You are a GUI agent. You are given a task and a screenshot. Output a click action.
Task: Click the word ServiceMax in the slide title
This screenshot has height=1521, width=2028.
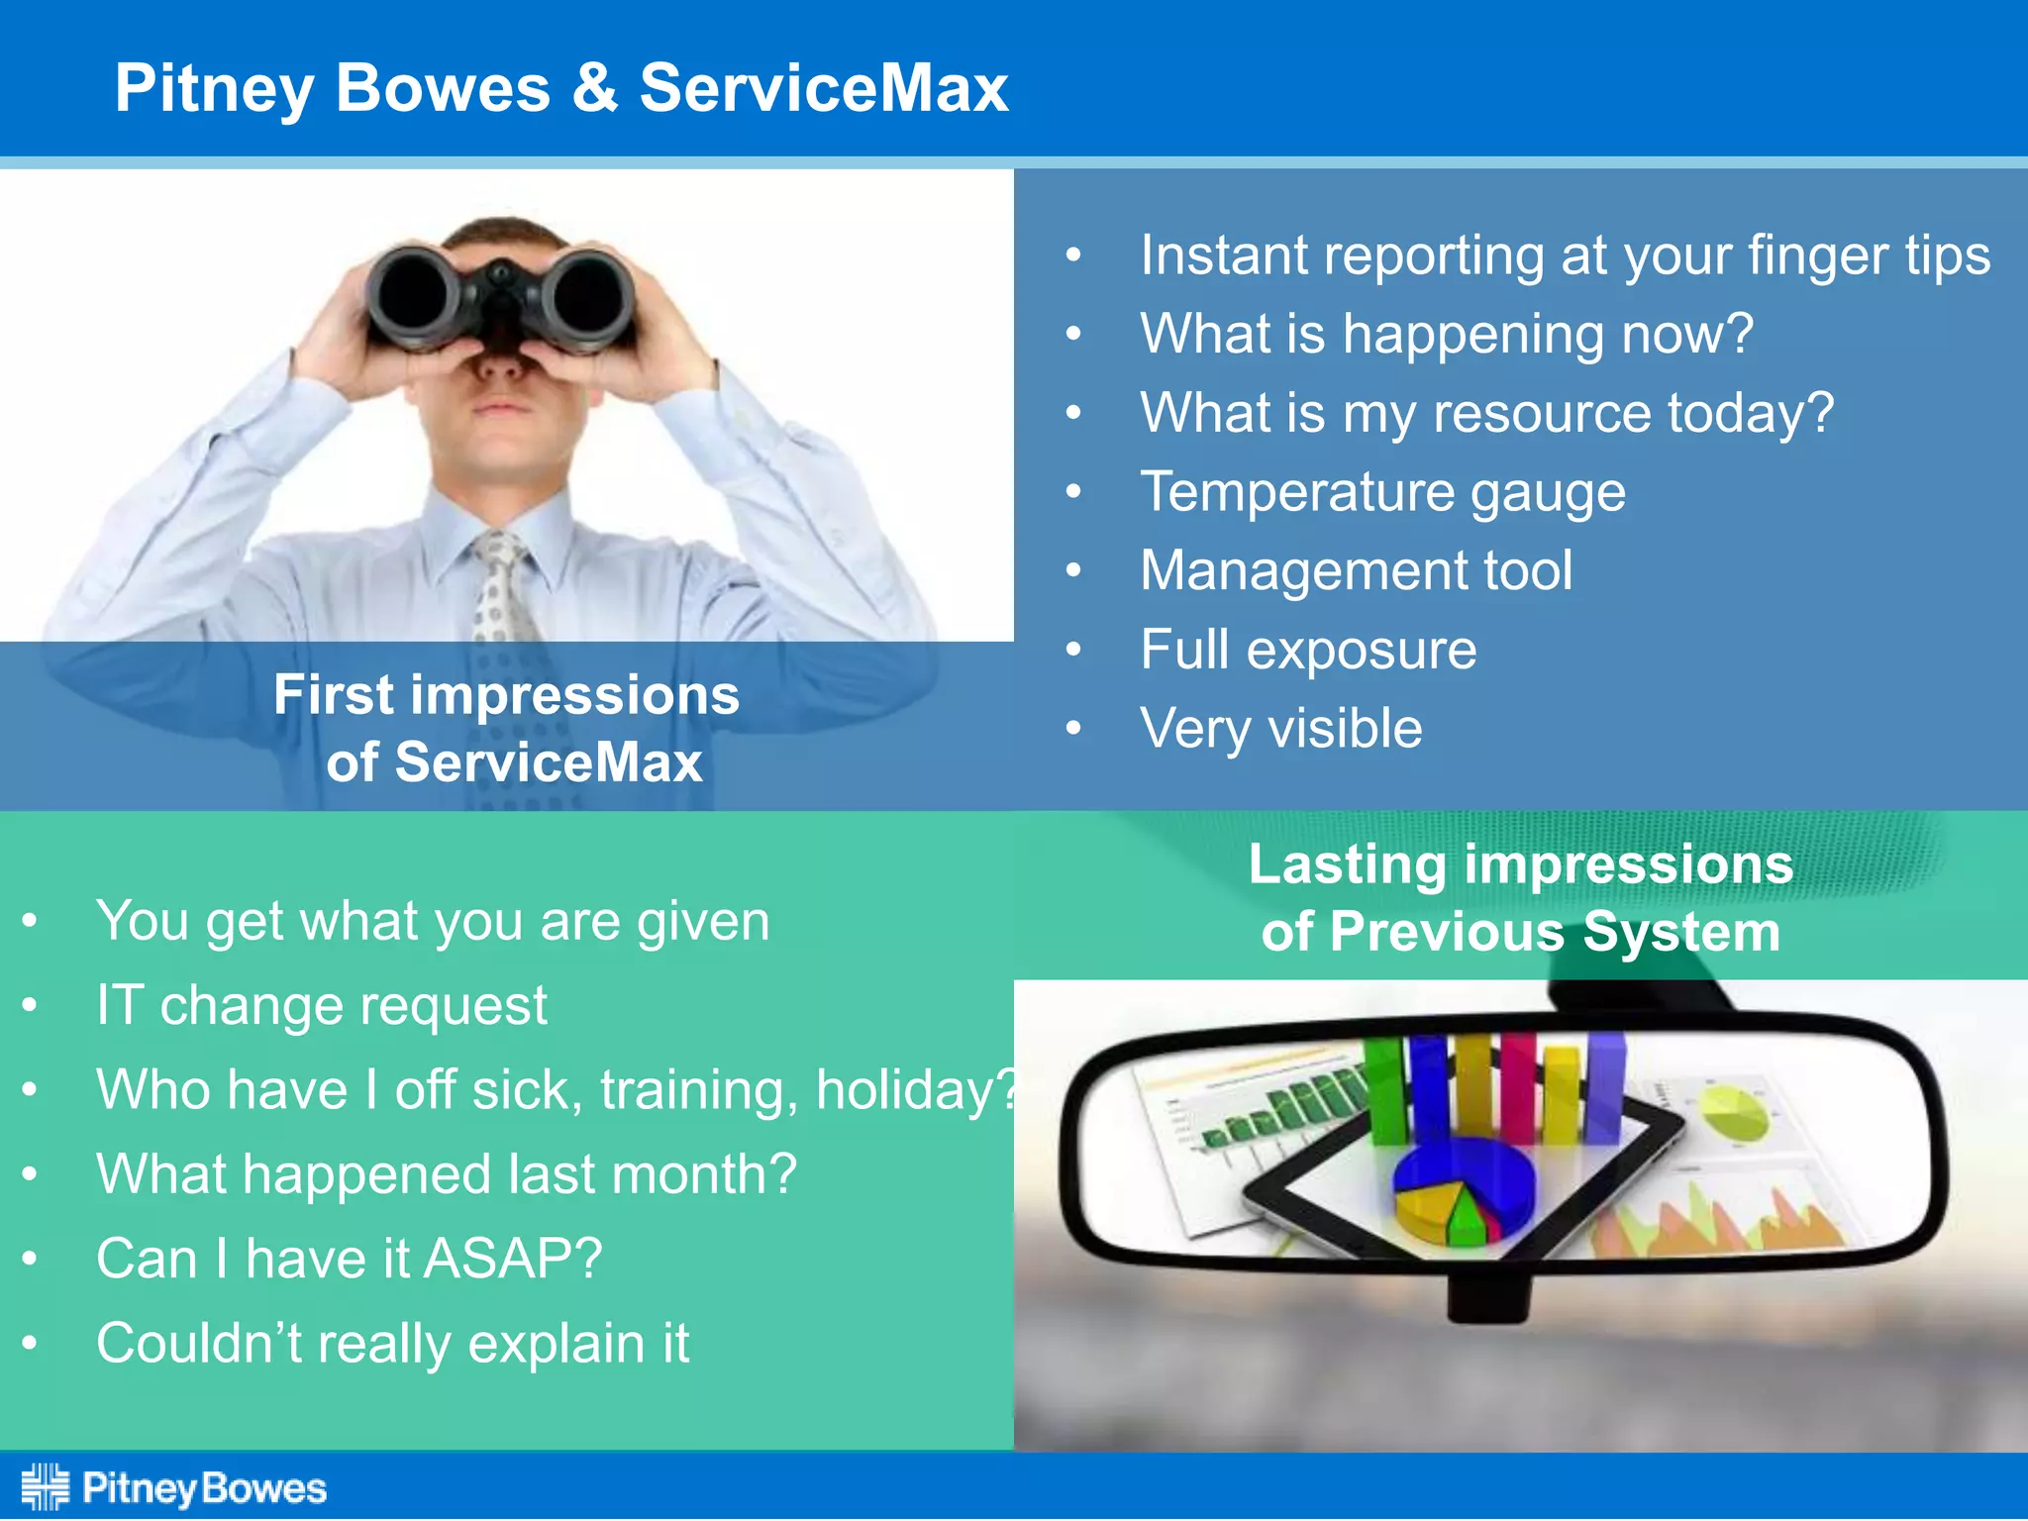tap(822, 89)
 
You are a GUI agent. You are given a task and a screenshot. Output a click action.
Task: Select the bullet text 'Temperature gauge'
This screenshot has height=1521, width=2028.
tap(1382, 492)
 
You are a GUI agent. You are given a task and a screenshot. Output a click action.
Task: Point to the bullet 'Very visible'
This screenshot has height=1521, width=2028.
tap(1280, 730)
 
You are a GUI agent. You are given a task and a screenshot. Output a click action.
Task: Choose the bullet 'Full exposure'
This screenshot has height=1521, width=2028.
tap(1307, 651)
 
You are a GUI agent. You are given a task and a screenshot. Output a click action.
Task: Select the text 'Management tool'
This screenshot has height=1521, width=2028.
tap(1356, 571)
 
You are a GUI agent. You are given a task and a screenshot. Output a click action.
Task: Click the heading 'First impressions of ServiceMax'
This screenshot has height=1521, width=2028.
tap(507, 728)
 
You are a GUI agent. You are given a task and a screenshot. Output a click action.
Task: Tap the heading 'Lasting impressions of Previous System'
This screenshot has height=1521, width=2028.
tap(1520, 898)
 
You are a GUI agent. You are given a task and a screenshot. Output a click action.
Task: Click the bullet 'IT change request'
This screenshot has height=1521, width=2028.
tap(321, 1006)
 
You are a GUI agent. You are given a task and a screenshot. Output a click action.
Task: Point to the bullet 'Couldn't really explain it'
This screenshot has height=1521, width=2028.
tap(392, 1344)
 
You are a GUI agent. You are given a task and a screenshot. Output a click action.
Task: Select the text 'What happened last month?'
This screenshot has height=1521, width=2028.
tap(446, 1174)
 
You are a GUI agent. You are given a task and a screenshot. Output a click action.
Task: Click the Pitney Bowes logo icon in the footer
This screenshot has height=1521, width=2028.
tap(46, 1486)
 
